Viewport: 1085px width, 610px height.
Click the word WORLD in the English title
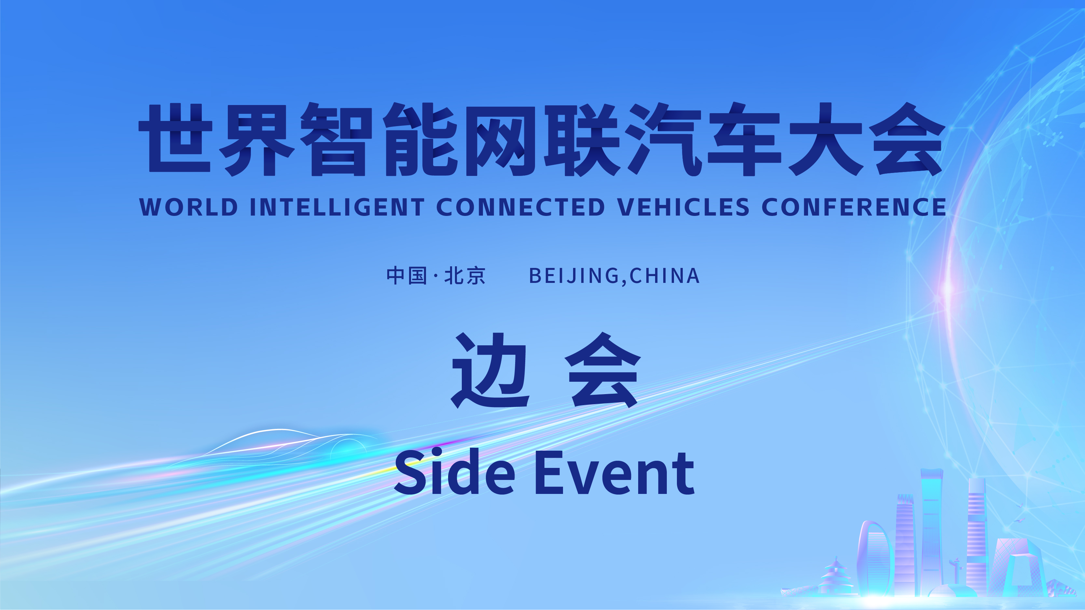pyautogui.click(x=189, y=207)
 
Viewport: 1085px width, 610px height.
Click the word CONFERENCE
pyautogui.click(x=854, y=207)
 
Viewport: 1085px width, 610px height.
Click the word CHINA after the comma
pyautogui.click(x=665, y=276)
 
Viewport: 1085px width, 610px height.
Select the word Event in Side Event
pyautogui.click(x=614, y=472)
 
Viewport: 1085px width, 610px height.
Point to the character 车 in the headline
pyautogui.click(x=744, y=139)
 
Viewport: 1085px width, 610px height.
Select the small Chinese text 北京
pyautogui.click(x=465, y=276)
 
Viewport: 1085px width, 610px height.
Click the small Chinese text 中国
pyautogui.click(x=407, y=276)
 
